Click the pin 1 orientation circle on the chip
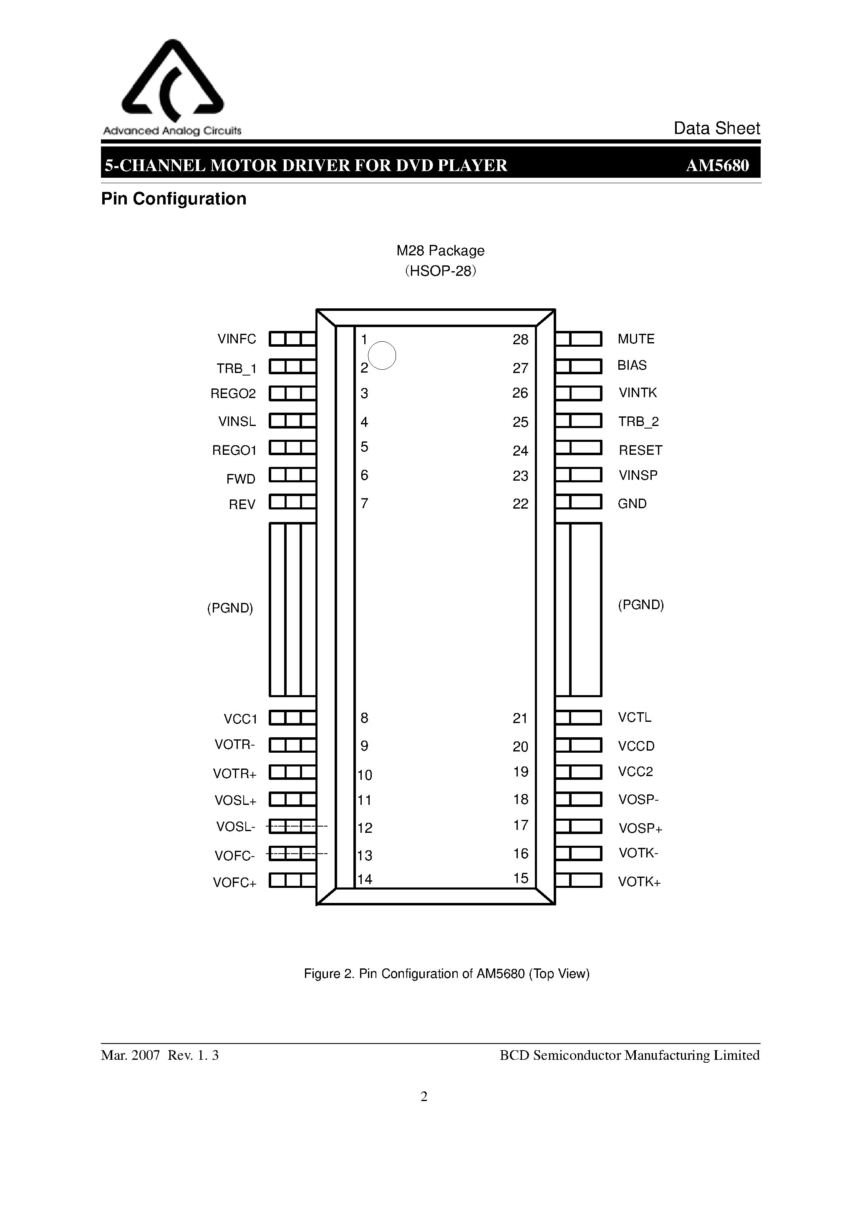click(382, 355)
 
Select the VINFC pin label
click(237, 339)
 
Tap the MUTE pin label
click(635, 339)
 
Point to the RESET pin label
click(640, 450)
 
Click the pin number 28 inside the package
click(520, 340)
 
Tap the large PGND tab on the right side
click(578, 610)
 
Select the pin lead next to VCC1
click(292, 718)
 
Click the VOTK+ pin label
click(639, 882)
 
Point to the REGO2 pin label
click(233, 394)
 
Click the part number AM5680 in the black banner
click(717, 166)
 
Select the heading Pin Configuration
click(174, 199)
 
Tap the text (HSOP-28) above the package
click(441, 271)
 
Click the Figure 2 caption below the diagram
click(446, 973)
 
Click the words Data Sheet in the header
click(716, 128)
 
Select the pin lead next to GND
click(578, 502)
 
